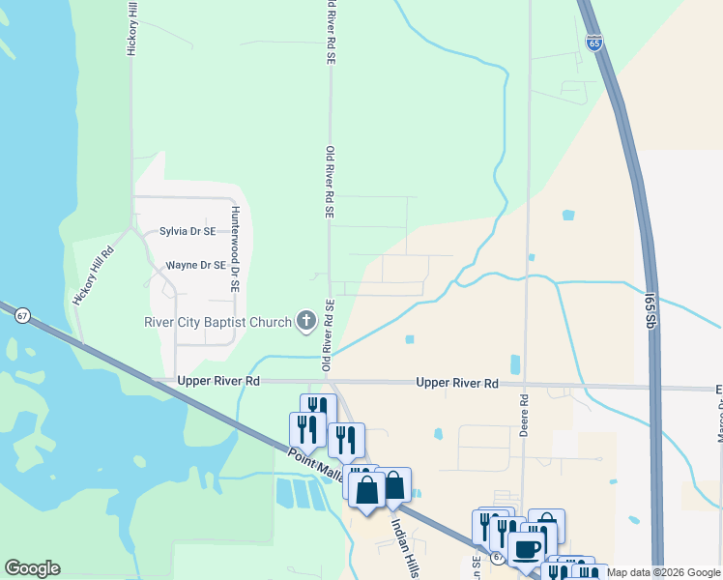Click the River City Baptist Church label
[217, 322]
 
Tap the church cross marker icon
[306, 321]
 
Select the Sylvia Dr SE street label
[188, 232]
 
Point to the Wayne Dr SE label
[195, 265]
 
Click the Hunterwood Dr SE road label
[234, 249]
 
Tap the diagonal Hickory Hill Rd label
[93, 276]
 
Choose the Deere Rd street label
[524, 415]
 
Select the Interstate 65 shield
[593, 43]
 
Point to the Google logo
[32, 568]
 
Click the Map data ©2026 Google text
[663, 573]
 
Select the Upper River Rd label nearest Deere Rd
[457, 384]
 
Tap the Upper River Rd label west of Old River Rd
[218, 382]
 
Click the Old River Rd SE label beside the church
[328, 335]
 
